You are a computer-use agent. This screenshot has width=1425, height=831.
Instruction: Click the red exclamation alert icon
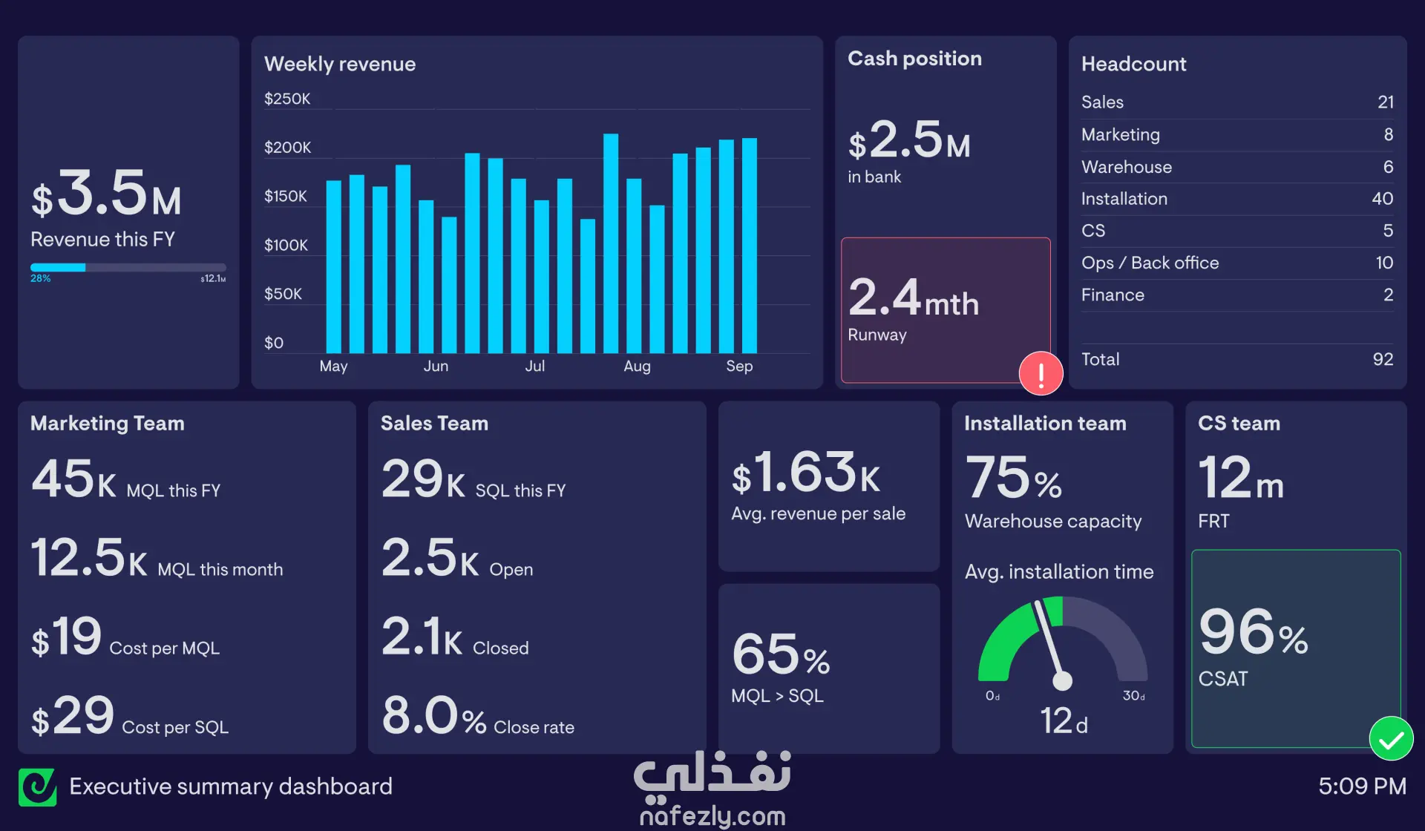pyautogui.click(x=1041, y=373)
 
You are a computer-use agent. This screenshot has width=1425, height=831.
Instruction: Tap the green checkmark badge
pyautogui.click(x=1391, y=738)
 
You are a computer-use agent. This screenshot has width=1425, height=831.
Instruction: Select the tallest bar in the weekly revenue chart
pyautogui.click(x=611, y=243)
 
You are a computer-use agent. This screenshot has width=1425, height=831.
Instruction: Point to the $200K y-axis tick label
pyautogui.click(x=287, y=147)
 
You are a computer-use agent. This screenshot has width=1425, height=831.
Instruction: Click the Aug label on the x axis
pyautogui.click(x=637, y=366)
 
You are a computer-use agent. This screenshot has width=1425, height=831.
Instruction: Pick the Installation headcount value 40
pyautogui.click(x=1382, y=199)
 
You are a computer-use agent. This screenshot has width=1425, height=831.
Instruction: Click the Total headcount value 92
pyautogui.click(x=1383, y=359)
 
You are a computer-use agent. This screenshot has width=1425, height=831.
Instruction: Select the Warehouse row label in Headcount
pyautogui.click(x=1126, y=167)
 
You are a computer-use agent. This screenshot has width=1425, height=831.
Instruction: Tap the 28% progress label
pyautogui.click(x=40, y=278)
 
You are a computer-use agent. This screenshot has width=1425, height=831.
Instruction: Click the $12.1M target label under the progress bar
pyautogui.click(x=213, y=279)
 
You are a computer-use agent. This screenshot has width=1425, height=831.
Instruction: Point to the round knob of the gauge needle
pyautogui.click(x=1062, y=680)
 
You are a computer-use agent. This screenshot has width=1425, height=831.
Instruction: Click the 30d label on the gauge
pyautogui.click(x=1133, y=696)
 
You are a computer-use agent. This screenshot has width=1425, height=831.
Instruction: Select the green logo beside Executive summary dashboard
pyautogui.click(x=38, y=786)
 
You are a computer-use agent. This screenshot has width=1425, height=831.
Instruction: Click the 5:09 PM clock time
pyautogui.click(x=1362, y=786)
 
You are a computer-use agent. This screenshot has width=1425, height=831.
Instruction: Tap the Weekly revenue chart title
pyautogui.click(x=340, y=64)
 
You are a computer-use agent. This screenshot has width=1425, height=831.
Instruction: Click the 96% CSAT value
pyautogui.click(x=1254, y=632)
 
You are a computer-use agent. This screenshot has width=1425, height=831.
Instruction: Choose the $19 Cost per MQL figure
pyautogui.click(x=66, y=637)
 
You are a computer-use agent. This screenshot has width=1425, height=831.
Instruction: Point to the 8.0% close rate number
pyautogui.click(x=434, y=715)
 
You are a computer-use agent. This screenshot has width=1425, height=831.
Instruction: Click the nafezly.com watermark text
pyautogui.click(x=712, y=816)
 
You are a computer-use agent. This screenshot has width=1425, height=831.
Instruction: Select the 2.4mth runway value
pyautogui.click(x=914, y=297)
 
